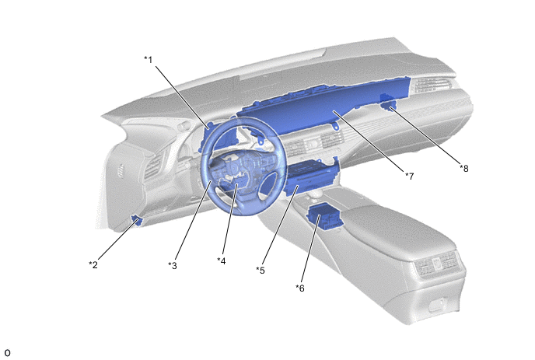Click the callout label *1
click(148, 60)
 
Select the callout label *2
click(93, 264)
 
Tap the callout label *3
click(173, 265)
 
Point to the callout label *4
click(222, 261)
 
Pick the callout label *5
click(261, 271)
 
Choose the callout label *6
click(300, 288)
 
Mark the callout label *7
click(410, 176)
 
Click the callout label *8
click(464, 168)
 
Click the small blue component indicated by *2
click(137, 220)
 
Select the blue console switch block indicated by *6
click(324, 217)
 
